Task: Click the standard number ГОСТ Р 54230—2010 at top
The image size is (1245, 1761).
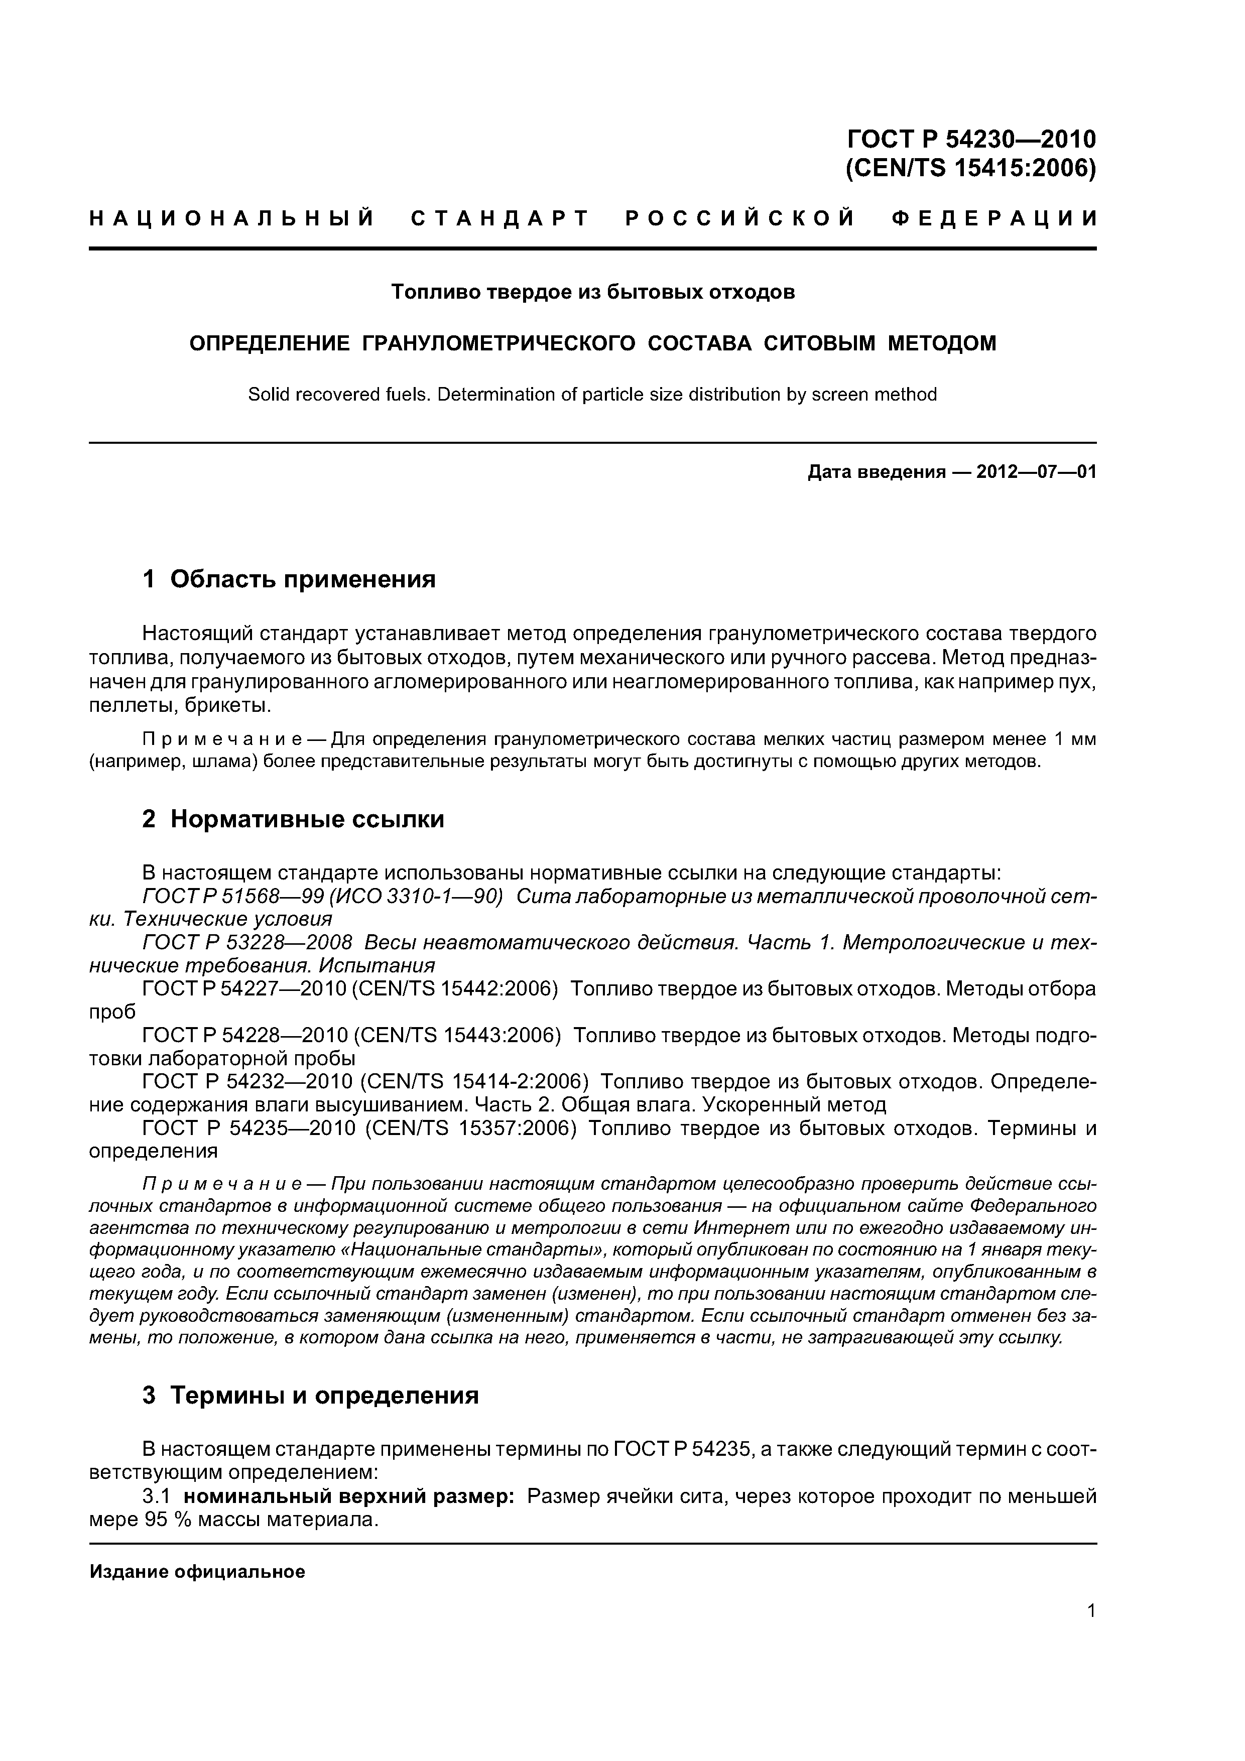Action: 971,139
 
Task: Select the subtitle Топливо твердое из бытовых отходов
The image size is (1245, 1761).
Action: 593,292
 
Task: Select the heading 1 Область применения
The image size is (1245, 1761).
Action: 289,579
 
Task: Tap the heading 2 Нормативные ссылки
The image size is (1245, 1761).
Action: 293,819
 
